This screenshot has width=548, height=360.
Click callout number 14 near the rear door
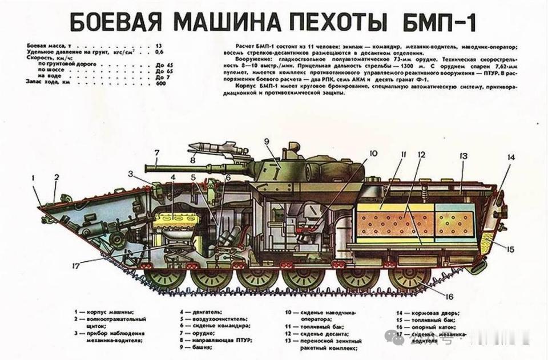point(510,157)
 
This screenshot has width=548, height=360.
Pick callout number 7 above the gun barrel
point(156,153)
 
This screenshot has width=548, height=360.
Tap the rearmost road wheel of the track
point(409,278)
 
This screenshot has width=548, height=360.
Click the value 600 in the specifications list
point(160,83)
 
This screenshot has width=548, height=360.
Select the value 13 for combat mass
point(159,45)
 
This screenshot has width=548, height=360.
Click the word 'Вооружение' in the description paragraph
point(251,59)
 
